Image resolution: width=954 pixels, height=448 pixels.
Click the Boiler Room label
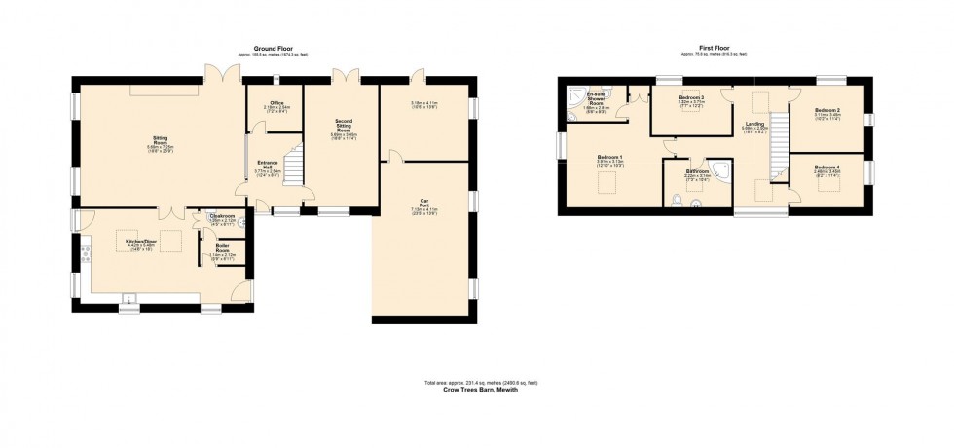tap(222, 251)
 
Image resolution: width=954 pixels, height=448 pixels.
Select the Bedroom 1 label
tap(610, 161)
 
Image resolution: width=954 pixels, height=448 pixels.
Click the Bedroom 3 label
tap(691, 98)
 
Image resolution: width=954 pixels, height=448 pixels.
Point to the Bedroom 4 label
tap(828, 171)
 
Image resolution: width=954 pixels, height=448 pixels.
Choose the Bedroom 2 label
tap(828, 112)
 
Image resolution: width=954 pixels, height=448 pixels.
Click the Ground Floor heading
tap(274, 48)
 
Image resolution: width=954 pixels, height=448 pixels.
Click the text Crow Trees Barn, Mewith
tap(480, 390)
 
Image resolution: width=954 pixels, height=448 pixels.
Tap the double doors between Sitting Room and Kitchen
tap(170, 210)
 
